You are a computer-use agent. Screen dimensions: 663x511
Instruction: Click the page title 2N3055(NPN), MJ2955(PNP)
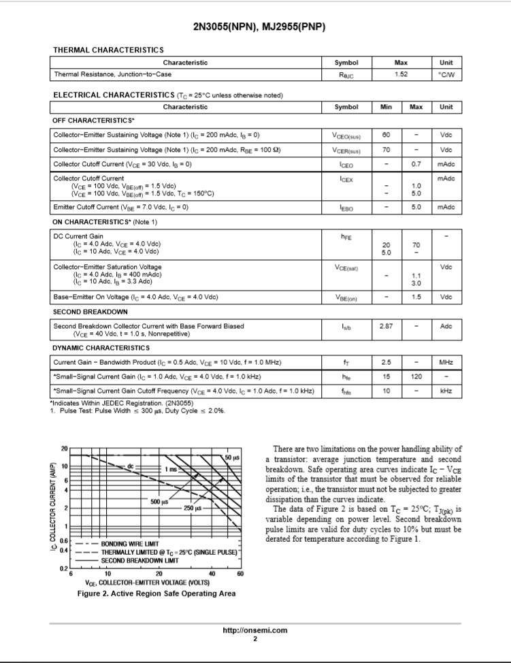tap(255, 27)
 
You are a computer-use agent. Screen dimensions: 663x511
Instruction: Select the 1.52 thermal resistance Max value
tap(400, 74)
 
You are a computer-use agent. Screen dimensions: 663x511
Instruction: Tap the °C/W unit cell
tap(446, 74)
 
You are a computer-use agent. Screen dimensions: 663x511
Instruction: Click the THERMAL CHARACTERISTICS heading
tap(108, 50)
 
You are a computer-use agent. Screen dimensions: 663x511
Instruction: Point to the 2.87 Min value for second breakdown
tap(386, 326)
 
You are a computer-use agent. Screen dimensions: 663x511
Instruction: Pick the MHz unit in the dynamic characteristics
tap(446, 362)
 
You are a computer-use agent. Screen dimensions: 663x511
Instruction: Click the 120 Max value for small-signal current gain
tap(416, 376)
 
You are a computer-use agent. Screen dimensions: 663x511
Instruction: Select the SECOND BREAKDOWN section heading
tap(90, 312)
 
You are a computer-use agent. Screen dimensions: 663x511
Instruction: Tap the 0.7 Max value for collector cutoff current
tap(416, 165)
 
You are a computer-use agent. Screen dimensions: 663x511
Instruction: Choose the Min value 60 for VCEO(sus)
tap(386, 135)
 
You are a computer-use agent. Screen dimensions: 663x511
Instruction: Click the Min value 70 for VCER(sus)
tap(386, 150)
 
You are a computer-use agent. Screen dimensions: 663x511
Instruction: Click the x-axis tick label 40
tap(212, 574)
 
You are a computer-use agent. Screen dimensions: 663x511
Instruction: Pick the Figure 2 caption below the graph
tap(156, 594)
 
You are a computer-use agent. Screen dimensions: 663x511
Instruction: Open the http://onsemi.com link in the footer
tap(255, 630)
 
